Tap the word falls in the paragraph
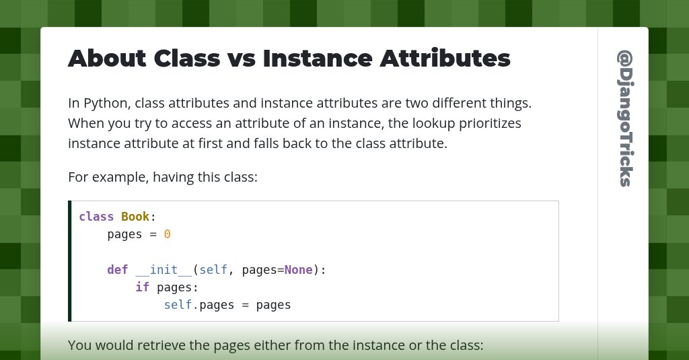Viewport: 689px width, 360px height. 299,143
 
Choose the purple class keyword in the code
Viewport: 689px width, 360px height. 96,217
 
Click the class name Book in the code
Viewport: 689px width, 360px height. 135,217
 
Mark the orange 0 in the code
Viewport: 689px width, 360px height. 168,234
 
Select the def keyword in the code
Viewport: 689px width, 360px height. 117,270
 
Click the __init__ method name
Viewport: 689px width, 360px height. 164,270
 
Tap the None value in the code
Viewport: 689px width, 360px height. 298,270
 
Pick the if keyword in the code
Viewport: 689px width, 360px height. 142,287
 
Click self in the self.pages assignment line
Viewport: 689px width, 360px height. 178,305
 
